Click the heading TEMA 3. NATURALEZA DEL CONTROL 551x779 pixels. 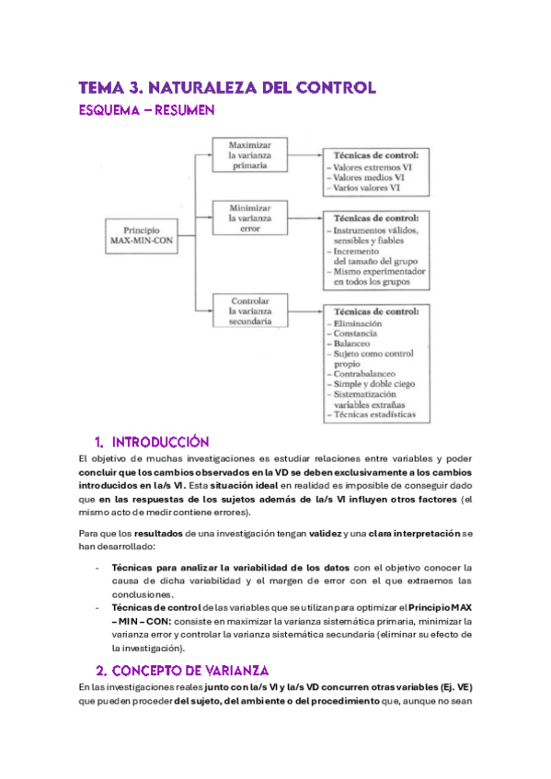pos(227,88)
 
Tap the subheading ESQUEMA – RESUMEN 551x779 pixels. pos(147,111)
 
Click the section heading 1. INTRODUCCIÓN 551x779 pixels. pos(152,442)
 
